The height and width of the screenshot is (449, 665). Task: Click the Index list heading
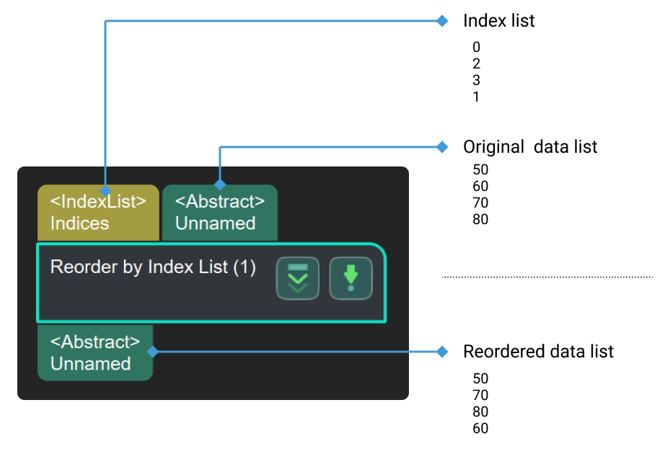pyautogui.click(x=498, y=21)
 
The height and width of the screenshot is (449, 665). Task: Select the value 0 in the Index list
pyautogui.click(x=476, y=48)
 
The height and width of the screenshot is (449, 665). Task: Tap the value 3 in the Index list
pyautogui.click(x=476, y=80)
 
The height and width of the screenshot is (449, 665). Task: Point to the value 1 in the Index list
pyautogui.click(x=476, y=97)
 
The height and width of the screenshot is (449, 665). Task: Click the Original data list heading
pyautogui.click(x=529, y=147)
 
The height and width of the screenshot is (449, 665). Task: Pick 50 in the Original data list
pyautogui.click(x=480, y=170)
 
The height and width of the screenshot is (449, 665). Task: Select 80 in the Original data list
pyautogui.click(x=480, y=219)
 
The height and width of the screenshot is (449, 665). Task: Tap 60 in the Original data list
pyautogui.click(x=480, y=187)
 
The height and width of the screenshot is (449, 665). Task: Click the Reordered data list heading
pyautogui.click(x=537, y=352)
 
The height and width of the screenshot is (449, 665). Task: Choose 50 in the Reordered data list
pyautogui.click(x=480, y=379)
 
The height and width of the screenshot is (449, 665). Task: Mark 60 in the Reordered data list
pyautogui.click(x=480, y=429)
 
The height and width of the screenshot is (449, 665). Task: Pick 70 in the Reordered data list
pyautogui.click(x=480, y=396)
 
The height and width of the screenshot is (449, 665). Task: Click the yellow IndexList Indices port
pyautogui.click(x=98, y=213)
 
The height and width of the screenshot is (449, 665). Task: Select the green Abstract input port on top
pyautogui.click(x=219, y=213)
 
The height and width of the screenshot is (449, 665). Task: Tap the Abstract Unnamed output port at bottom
pyautogui.click(x=94, y=352)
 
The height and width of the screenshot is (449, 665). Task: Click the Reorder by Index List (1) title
pyautogui.click(x=153, y=267)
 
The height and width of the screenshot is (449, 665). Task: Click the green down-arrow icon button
pyautogui.click(x=351, y=278)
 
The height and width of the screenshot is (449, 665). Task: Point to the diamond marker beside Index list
pyautogui.click(x=443, y=21)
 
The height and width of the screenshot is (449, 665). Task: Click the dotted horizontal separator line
pyautogui.click(x=547, y=277)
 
